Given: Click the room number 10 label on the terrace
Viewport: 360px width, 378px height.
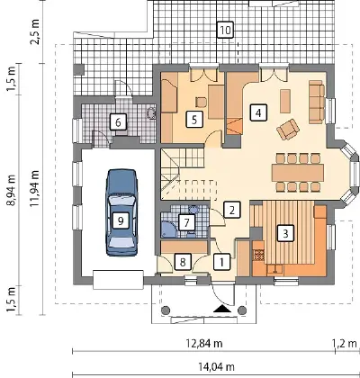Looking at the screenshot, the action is tap(225, 30).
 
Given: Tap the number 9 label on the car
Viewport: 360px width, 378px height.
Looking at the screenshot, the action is tap(121, 221).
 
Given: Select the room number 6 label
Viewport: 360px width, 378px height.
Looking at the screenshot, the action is tap(118, 122).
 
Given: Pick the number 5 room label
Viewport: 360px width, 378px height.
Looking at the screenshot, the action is tap(194, 120).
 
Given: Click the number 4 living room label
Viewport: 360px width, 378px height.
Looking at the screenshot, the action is tap(258, 112).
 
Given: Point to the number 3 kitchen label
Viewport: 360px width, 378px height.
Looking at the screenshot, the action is tap(285, 233).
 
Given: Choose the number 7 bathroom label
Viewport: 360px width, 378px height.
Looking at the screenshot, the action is tap(187, 222).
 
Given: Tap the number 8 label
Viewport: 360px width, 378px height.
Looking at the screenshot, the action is tap(183, 262).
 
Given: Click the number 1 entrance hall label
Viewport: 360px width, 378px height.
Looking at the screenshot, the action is tap(222, 262).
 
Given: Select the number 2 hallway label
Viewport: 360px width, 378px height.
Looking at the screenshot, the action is tap(232, 210).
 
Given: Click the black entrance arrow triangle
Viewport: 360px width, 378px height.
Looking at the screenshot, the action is tap(222, 309).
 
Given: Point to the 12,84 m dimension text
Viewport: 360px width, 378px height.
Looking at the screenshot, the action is tap(204, 343).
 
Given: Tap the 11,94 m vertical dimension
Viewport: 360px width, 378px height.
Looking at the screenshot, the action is tap(35, 188).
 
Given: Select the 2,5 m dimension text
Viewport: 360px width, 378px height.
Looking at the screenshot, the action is tap(35, 31).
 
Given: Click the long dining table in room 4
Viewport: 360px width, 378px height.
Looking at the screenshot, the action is tap(298, 173).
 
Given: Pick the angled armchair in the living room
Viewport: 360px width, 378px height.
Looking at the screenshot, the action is tap(288, 129).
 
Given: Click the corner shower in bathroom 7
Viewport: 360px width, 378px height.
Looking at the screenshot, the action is tap(169, 229).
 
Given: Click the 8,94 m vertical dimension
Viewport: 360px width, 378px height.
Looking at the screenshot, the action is tap(11, 190).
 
